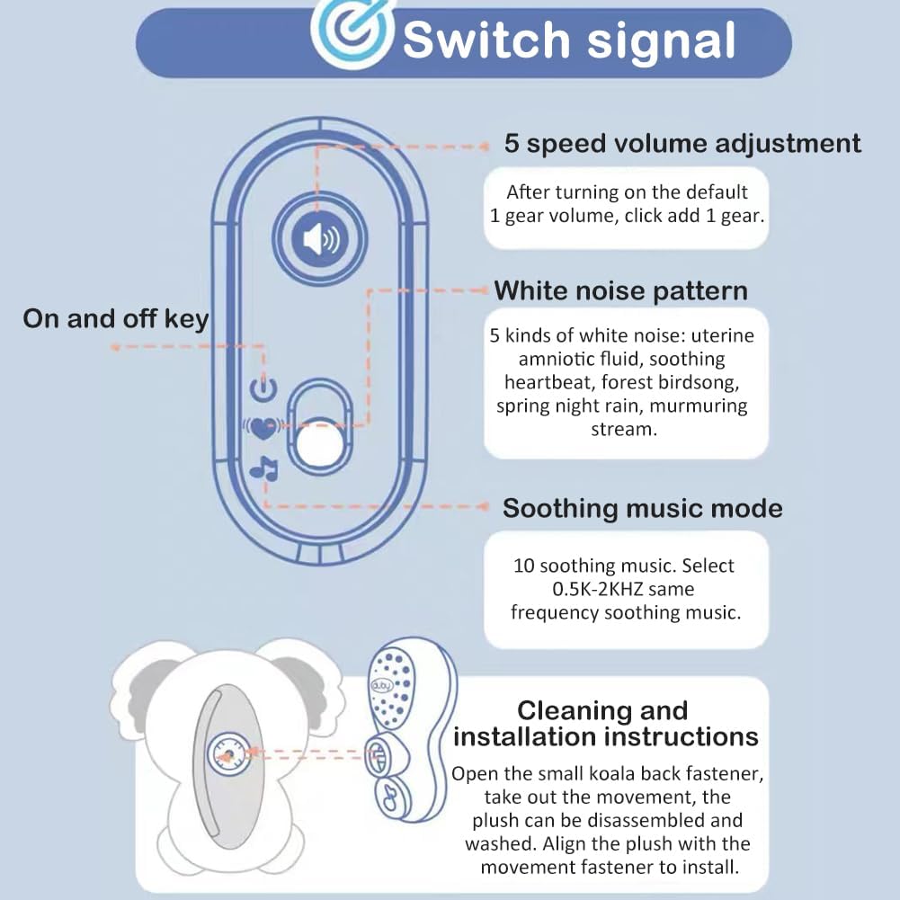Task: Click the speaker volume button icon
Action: click(x=320, y=239)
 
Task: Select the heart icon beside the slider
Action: click(x=263, y=427)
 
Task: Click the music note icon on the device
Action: click(x=263, y=468)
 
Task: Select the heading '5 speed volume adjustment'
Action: click(x=682, y=144)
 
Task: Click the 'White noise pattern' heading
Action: click(x=620, y=291)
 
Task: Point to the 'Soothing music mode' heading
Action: click(x=642, y=509)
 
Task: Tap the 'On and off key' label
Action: click(x=115, y=319)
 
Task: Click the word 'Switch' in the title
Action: click(x=486, y=40)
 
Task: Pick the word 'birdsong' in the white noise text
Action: click(x=699, y=383)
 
